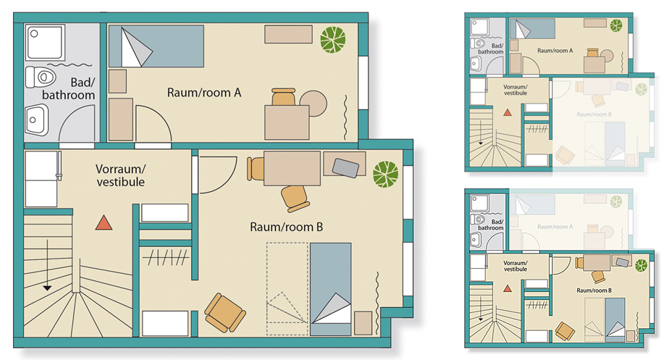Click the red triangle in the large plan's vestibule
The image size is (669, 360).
(105, 223)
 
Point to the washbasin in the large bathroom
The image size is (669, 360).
(37, 120)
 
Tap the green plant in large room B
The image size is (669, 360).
(385, 174)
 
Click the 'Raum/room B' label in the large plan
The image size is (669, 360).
(286, 227)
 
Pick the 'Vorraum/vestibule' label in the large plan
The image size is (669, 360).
(120, 175)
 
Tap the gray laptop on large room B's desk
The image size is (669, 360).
(345, 167)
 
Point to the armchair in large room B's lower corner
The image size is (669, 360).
(222, 310)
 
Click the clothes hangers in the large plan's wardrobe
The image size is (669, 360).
(164, 256)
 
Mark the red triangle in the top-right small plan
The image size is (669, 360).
(507, 112)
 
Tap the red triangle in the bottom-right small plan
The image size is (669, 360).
(507, 288)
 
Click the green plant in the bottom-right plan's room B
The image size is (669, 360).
(640, 264)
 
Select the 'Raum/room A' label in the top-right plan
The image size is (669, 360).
(555, 51)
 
